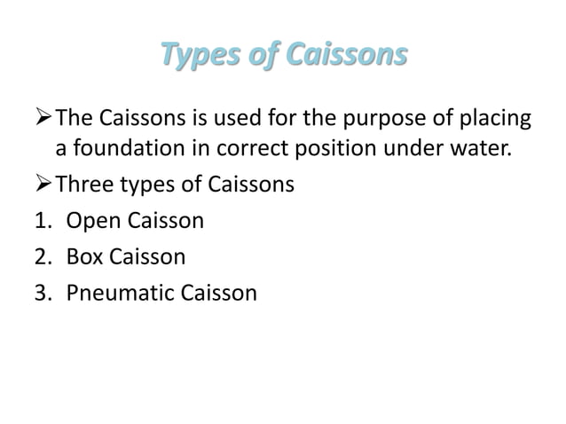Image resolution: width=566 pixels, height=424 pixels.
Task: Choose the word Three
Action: tap(81, 185)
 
